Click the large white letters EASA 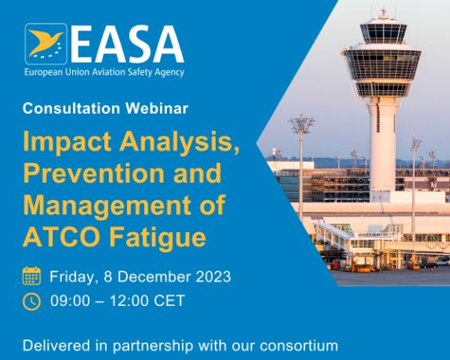[x=126, y=44]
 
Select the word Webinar [x=157, y=108]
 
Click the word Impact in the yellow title [x=67, y=141]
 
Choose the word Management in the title [x=107, y=205]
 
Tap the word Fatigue [x=158, y=238]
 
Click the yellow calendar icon [x=31, y=275]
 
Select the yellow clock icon [x=31, y=301]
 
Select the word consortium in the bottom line [x=299, y=346]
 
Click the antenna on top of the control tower [x=383, y=13]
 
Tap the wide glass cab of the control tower [x=382, y=65]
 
